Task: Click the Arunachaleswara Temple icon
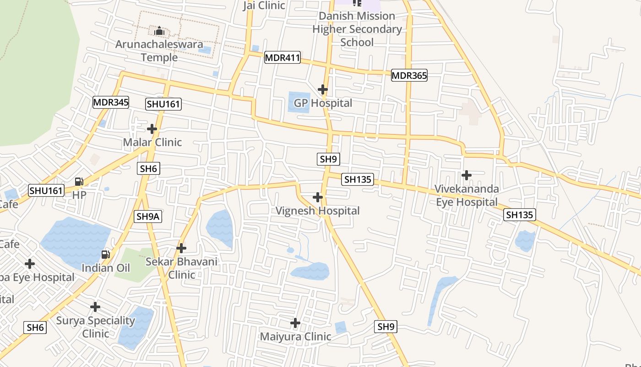point(159,31)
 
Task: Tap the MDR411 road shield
point(282,58)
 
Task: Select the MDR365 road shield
point(409,76)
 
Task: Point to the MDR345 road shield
point(111,102)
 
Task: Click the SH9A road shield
point(148,217)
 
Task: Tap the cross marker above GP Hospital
point(323,89)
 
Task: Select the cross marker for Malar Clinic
point(152,129)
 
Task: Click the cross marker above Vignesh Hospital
point(317,197)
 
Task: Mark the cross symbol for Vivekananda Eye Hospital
point(467,175)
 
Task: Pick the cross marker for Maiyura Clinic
point(295,323)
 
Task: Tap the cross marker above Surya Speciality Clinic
point(95,306)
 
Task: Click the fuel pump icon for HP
point(79,182)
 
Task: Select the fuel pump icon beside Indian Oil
point(105,254)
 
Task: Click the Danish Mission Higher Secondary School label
point(357,29)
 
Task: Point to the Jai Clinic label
point(264,6)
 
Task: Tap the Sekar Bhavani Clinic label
point(181,268)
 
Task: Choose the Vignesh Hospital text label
point(317,211)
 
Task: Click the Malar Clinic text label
point(152,142)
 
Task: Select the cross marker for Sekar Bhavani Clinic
point(181,248)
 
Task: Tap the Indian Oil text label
point(106,268)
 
